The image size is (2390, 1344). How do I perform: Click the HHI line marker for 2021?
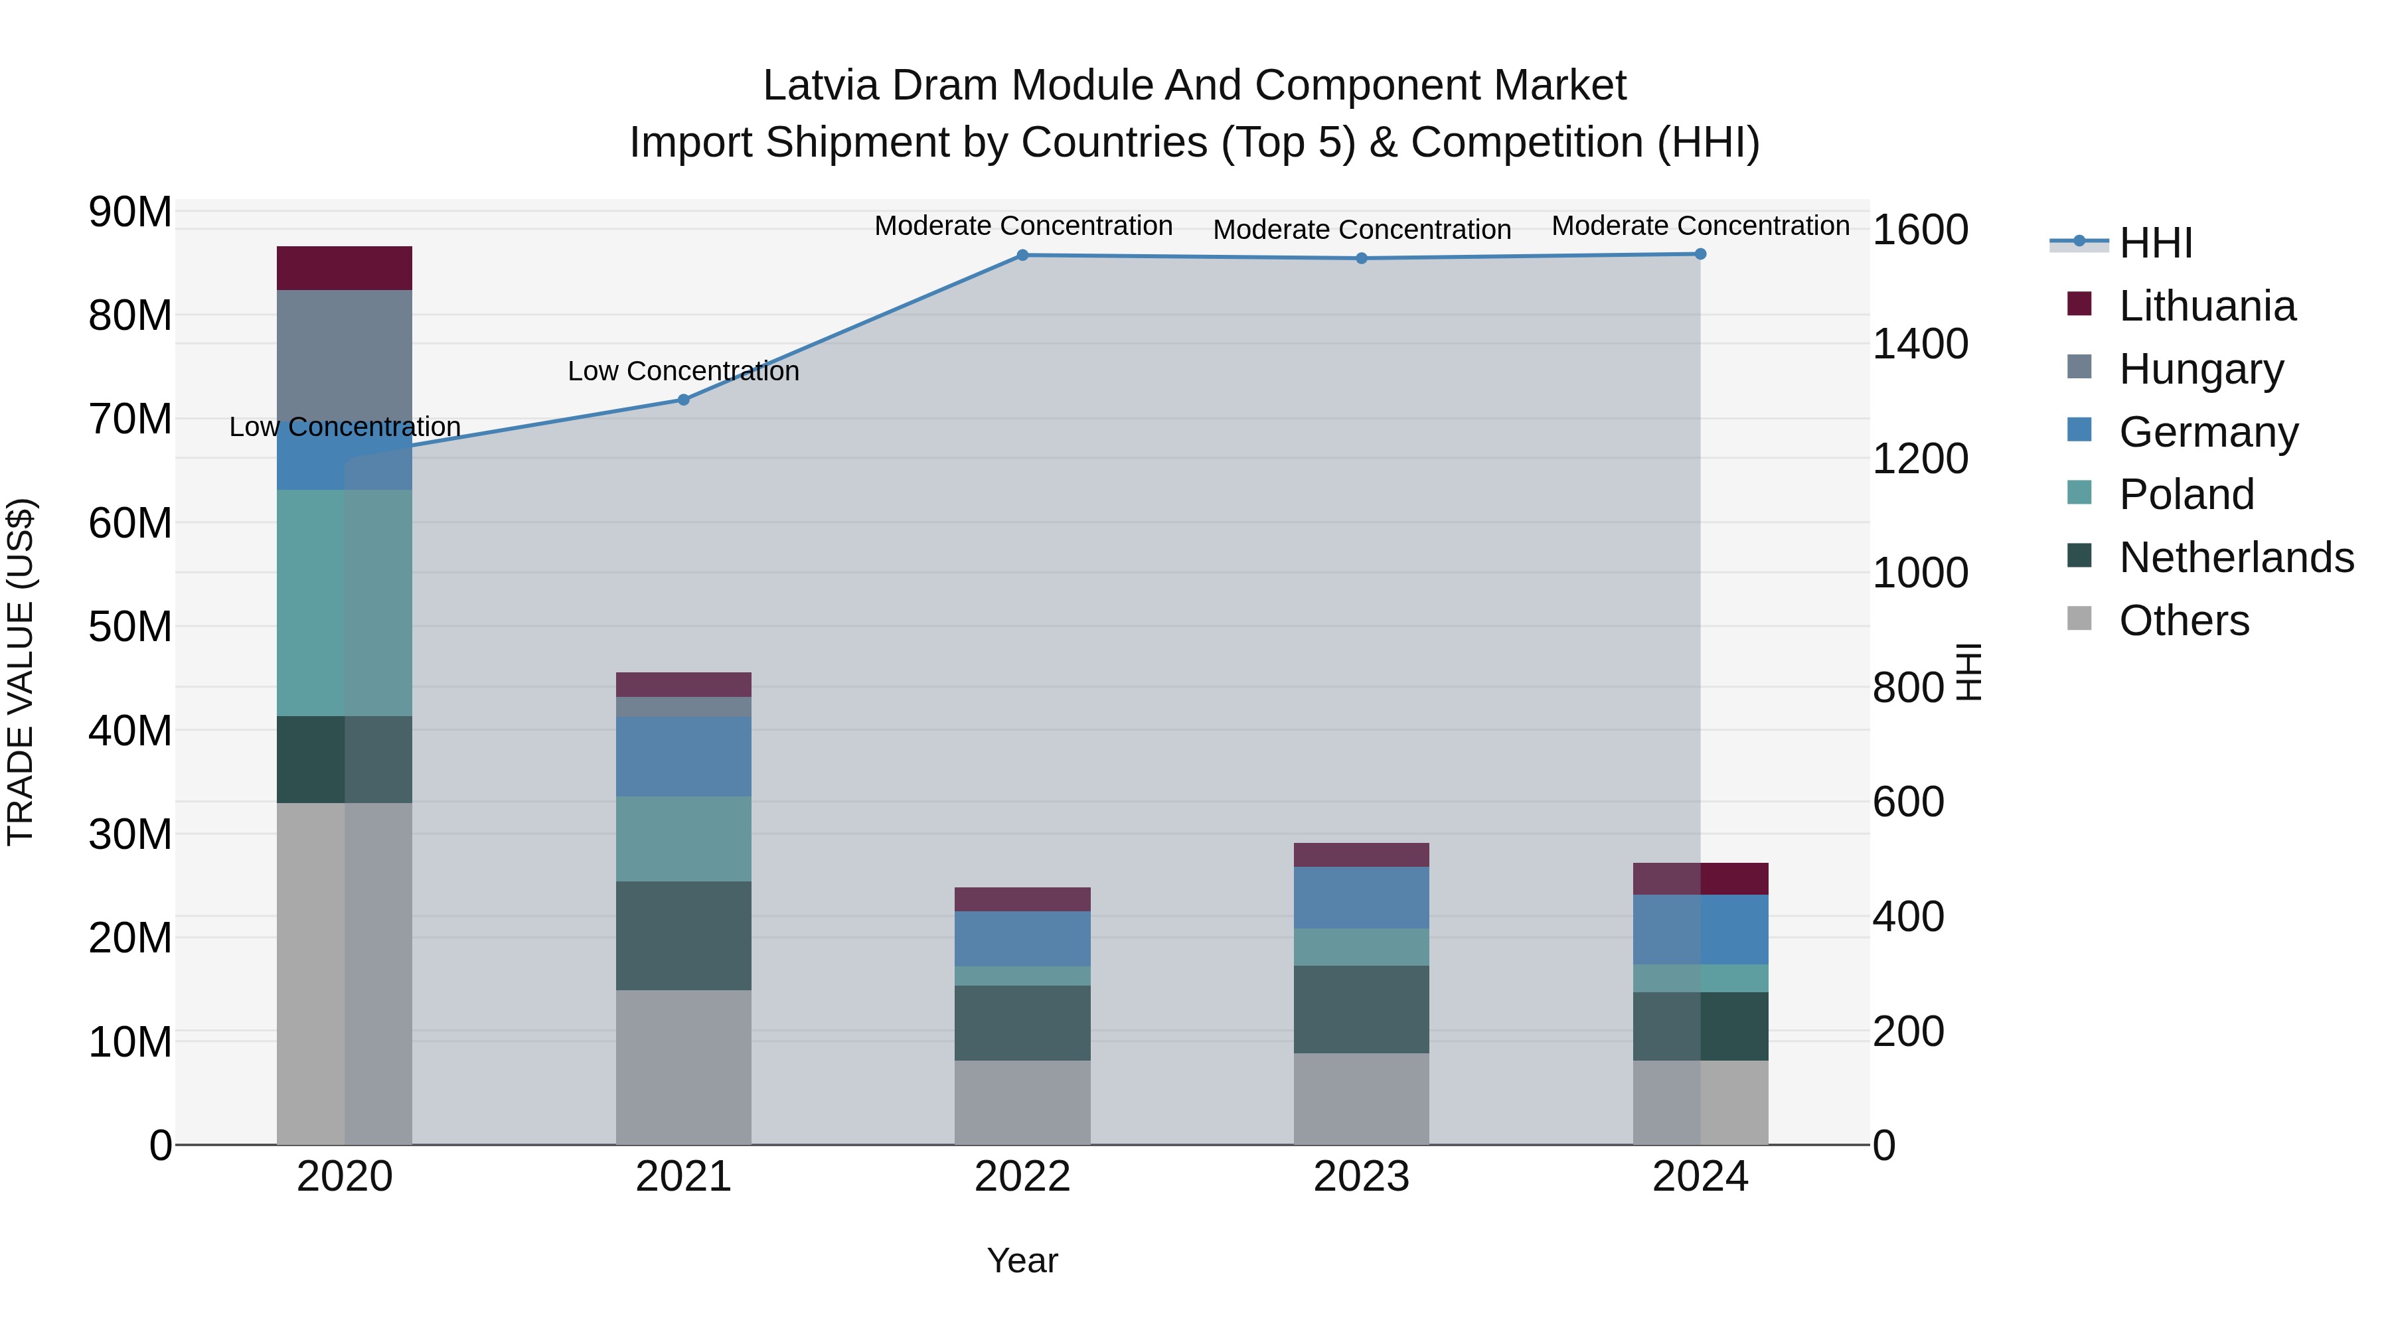pos(683,400)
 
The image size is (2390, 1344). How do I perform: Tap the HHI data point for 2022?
pos(1022,255)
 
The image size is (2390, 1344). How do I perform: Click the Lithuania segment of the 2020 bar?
pos(344,268)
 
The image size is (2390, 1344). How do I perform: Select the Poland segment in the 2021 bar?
pos(683,838)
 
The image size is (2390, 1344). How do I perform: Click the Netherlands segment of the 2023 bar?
pos(1361,1009)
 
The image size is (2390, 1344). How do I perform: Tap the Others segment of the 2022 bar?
pos(1022,1102)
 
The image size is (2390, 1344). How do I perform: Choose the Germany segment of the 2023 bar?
pos(1361,898)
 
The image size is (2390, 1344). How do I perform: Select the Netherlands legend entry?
pos(2235,558)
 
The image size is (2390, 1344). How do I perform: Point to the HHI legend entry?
pos(2154,243)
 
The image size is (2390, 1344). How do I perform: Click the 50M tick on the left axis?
pos(130,627)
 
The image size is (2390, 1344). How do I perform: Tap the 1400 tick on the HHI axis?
pos(1919,344)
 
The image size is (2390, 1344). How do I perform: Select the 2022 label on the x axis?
pos(1022,1177)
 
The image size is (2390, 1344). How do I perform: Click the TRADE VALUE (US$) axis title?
pos(21,672)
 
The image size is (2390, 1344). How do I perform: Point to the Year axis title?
pos(1022,1260)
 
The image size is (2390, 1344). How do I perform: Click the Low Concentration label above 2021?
pos(683,371)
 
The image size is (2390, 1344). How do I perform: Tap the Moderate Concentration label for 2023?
pos(1361,229)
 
